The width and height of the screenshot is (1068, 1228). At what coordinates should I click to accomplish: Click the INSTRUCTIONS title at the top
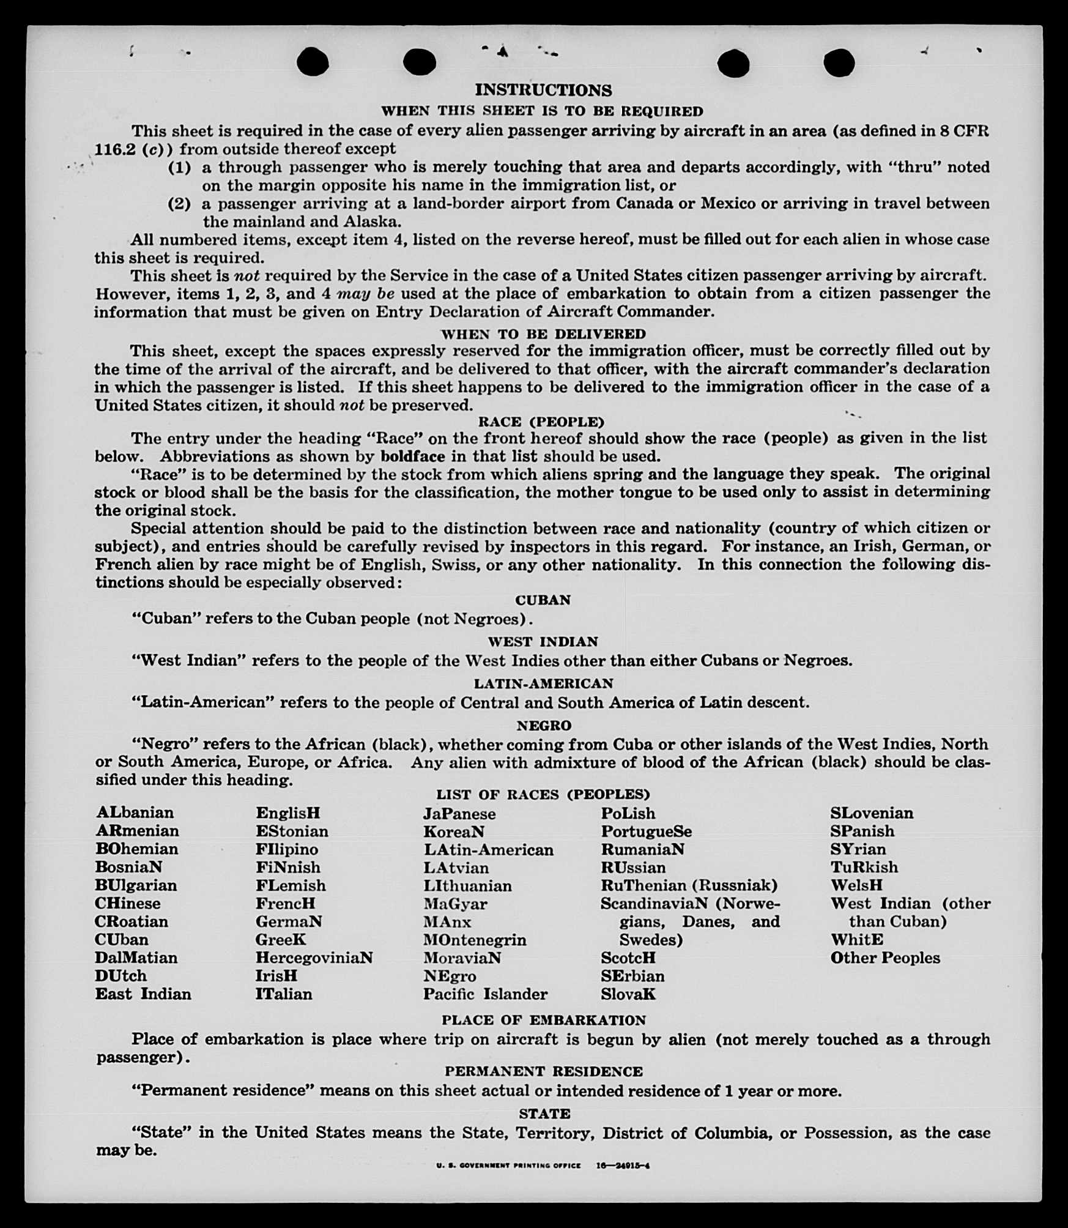coord(543,91)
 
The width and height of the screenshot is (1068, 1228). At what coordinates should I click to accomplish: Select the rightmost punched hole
coord(839,62)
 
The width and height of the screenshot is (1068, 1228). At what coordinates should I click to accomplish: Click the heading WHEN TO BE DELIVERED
coord(543,334)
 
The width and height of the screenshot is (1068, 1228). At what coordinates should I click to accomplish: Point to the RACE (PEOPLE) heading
coord(541,422)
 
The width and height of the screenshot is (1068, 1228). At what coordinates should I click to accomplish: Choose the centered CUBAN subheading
coord(543,600)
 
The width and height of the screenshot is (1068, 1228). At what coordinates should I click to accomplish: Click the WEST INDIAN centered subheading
coord(543,642)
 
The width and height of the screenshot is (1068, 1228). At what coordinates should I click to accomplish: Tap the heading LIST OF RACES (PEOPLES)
coord(543,795)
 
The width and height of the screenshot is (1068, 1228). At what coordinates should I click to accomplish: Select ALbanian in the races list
coord(135,813)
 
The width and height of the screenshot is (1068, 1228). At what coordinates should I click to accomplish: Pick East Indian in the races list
coord(143,994)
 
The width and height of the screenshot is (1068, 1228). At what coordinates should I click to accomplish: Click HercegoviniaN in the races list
coord(314,958)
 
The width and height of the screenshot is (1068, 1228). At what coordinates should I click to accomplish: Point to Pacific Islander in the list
coord(485,994)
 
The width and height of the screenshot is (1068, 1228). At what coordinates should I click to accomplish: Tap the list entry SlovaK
coord(628,994)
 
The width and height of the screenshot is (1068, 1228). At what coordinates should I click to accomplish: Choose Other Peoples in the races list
coord(884,958)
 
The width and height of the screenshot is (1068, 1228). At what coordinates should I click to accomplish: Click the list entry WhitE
coord(856,939)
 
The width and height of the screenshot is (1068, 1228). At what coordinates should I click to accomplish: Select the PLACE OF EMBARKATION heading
coord(543,1021)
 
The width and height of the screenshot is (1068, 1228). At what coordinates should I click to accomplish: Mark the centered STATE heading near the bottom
coord(544,1114)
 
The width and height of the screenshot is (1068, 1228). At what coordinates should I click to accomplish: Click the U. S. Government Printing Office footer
coord(508,1166)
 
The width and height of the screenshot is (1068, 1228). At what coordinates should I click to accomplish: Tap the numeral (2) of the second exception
coord(179,204)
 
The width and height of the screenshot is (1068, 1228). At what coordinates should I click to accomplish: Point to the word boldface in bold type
coord(412,456)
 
